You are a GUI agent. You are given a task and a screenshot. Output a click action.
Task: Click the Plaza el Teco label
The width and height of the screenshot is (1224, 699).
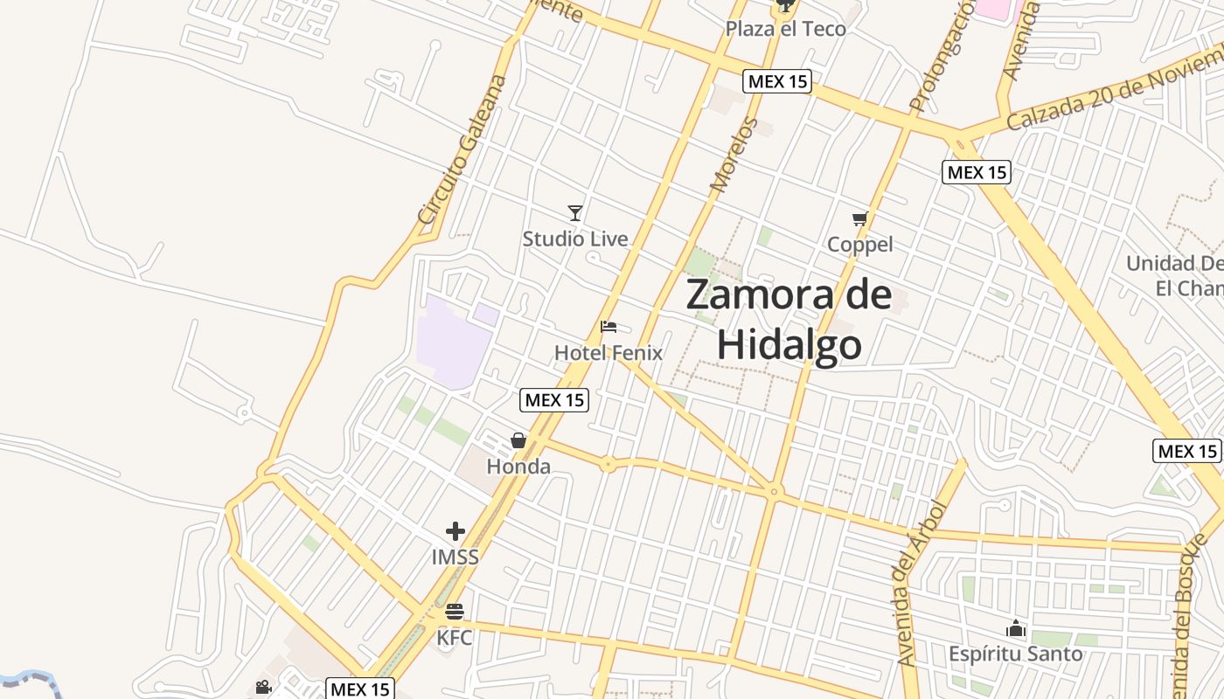click(x=785, y=29)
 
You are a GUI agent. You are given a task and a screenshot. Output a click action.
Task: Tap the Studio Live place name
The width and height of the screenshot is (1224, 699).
click(x=574, y=239)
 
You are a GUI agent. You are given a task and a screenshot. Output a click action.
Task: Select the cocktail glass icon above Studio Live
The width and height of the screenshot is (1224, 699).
click(x=574, y=212)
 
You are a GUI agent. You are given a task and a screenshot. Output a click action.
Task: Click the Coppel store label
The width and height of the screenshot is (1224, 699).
click(x=860, y=245)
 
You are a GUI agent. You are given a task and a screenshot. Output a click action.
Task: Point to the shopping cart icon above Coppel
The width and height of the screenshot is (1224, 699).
click(x=860, y=218)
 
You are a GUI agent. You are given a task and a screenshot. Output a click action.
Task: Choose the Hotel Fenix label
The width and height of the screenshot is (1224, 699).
click(x=609, y=353)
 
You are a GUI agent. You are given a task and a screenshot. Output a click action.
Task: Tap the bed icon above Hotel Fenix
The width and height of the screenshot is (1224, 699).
click(x=609, y=328)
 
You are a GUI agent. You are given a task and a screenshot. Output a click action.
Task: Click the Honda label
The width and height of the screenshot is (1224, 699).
click(x=518, y=467)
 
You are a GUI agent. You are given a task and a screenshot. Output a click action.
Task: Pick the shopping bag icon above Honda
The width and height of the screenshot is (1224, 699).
click(x=518, y=439)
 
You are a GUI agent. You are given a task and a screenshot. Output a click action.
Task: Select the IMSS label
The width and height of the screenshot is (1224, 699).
click(x=455, y=557)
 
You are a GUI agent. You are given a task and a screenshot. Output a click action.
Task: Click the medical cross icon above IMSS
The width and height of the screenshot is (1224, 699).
click(x=455, y=530)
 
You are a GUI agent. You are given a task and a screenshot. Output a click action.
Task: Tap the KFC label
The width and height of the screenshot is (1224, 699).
click(x=455, y=638)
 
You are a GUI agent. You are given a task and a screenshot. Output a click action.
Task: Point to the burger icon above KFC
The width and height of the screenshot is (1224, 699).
click(x=455, y=612)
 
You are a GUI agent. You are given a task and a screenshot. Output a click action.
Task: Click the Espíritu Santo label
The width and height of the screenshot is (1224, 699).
click(x=1015, y=654)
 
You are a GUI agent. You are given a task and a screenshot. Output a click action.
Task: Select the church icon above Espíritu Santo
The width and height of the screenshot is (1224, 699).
click(x=1015, y=628)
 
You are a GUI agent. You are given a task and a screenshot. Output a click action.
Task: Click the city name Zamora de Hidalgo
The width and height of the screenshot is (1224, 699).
click(x=789, y=319)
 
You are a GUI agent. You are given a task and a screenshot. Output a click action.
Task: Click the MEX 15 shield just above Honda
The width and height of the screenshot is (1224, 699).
click(x=554, y=400)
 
